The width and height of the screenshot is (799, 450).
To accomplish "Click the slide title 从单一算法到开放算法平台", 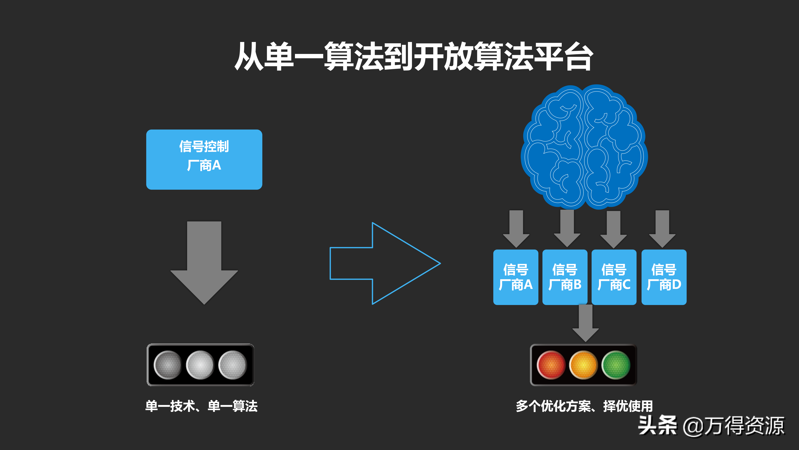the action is (x=414, y=57).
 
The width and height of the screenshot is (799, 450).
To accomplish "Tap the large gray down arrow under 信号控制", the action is (x=204, y=263).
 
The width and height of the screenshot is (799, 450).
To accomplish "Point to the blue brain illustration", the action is (x=584, y=147).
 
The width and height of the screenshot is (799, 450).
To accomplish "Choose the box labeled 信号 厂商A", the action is (x=515, y=277).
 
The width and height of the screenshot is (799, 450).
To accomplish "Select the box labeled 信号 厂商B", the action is (x=565, y=277).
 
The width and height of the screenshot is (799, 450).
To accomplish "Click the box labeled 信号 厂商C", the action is (x=614, y=277).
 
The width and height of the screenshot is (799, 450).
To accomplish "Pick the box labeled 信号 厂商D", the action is (x=664, y=277).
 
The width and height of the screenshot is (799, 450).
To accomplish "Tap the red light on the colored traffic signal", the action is (x=551, y=365).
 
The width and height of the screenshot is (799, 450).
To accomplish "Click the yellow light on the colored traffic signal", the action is (x=583, y=365).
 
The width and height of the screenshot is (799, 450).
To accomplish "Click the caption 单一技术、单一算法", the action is (x=201, y=406).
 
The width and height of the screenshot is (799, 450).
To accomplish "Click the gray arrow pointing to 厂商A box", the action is (x=516, y=229).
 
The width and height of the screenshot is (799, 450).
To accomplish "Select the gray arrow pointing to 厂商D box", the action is (x=662, y=229).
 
